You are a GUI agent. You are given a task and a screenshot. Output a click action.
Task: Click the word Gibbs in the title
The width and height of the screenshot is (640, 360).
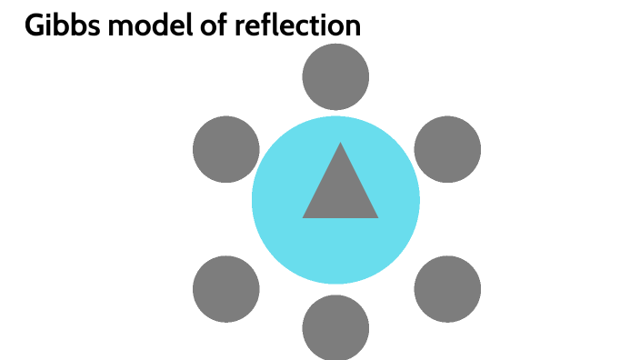click(59, 26)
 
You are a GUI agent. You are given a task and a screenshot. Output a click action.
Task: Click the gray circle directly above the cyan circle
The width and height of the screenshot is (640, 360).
click(335, 77)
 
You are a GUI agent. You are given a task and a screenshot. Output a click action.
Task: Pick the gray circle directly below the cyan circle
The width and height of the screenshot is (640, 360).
click(335, 326)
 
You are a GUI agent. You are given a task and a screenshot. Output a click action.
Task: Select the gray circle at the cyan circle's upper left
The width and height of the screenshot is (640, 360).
click(226, 149)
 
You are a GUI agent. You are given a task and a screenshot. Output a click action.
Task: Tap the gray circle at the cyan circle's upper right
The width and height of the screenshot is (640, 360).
click(447, 149)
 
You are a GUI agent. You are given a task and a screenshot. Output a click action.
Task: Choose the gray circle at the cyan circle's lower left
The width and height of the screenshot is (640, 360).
click(226, 289)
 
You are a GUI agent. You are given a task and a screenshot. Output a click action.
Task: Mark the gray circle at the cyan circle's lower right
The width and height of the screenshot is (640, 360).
click(447, 289)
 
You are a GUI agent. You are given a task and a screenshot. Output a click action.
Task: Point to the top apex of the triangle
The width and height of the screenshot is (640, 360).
click(340, 145)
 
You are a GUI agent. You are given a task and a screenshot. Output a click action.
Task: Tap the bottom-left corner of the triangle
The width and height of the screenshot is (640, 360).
click(305, 216)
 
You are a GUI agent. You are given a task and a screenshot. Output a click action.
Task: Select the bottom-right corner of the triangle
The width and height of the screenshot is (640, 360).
click(375, 216)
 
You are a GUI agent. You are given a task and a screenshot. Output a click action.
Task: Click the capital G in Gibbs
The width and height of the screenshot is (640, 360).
click(35, 26)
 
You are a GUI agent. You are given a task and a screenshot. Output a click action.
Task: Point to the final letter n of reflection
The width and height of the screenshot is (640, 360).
click(352, 28)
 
